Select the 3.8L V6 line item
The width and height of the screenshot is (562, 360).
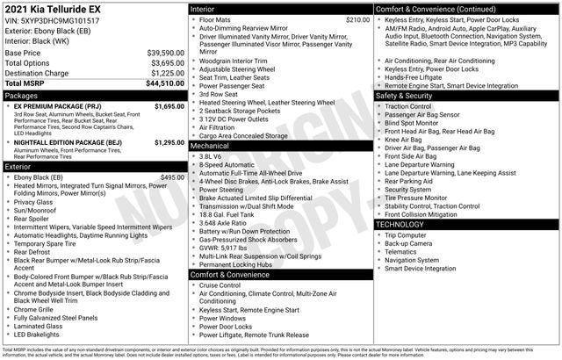209,156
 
